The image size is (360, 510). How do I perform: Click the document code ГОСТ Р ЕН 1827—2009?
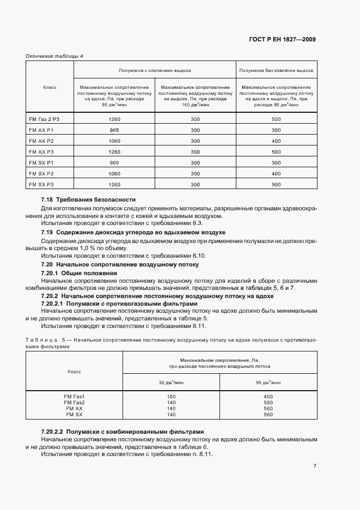[x=282, y=39]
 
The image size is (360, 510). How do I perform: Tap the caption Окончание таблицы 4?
[x=54, y=56]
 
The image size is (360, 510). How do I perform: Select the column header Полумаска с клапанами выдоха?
[x=155, y=71]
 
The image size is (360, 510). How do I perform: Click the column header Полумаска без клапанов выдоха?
[x=276, y=71]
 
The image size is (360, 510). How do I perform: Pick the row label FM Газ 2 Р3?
[x=43, y=119]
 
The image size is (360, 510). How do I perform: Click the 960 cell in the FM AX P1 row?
[x=114, y=130]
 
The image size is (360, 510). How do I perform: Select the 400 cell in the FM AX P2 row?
[x=276, y=141]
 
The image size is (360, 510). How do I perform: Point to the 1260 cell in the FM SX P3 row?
[x=114, y=185]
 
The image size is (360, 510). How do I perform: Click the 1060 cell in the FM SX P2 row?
[x=114, y=174]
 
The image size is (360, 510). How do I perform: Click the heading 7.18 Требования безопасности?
[x=88, y=200]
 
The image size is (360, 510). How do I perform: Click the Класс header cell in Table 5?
[x=74, y=372]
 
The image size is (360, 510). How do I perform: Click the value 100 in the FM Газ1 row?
[x=172, y=396]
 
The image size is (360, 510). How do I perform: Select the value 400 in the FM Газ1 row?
[x=267, y=396]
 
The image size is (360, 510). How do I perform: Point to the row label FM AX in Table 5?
[x=74, y=408]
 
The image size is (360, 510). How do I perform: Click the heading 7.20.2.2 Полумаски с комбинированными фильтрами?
[x=123, y=431]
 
